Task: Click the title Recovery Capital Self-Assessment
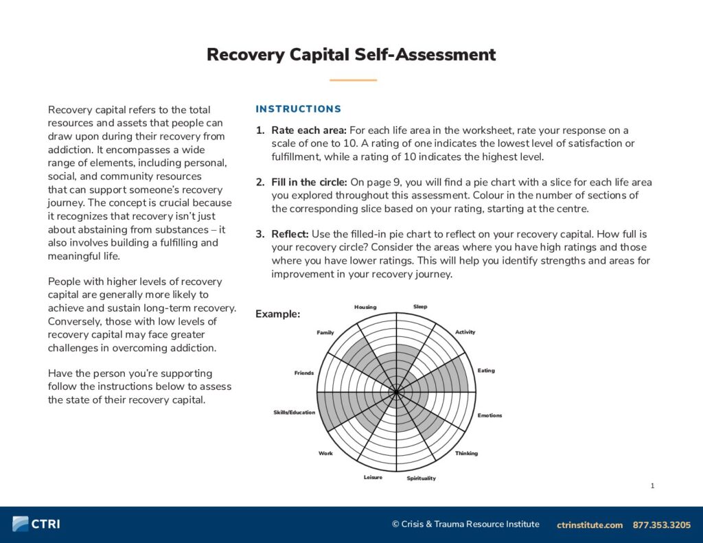(x=351, y=55)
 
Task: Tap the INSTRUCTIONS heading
(x=298, y=109)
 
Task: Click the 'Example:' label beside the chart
(x=277, y=314)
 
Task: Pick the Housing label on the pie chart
(x=365, y=307)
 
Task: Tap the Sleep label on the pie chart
(x=420, y=307)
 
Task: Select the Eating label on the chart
(x=486, y=371)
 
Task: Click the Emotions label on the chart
(x=489, y=415)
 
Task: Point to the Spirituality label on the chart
(x=421, y=478)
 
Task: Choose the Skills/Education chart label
(x=294, y=413)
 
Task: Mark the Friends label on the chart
(x=304, y=373)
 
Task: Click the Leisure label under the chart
(x=373, y=477)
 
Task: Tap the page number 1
(x=652, y=486)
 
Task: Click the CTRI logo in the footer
(x=36, y=524)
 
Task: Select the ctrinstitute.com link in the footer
(x=590, y=524)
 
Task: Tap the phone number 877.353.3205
(x=662, y=524)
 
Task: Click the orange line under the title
(x=353, y=80)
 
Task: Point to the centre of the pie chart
(x=396, y=392)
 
